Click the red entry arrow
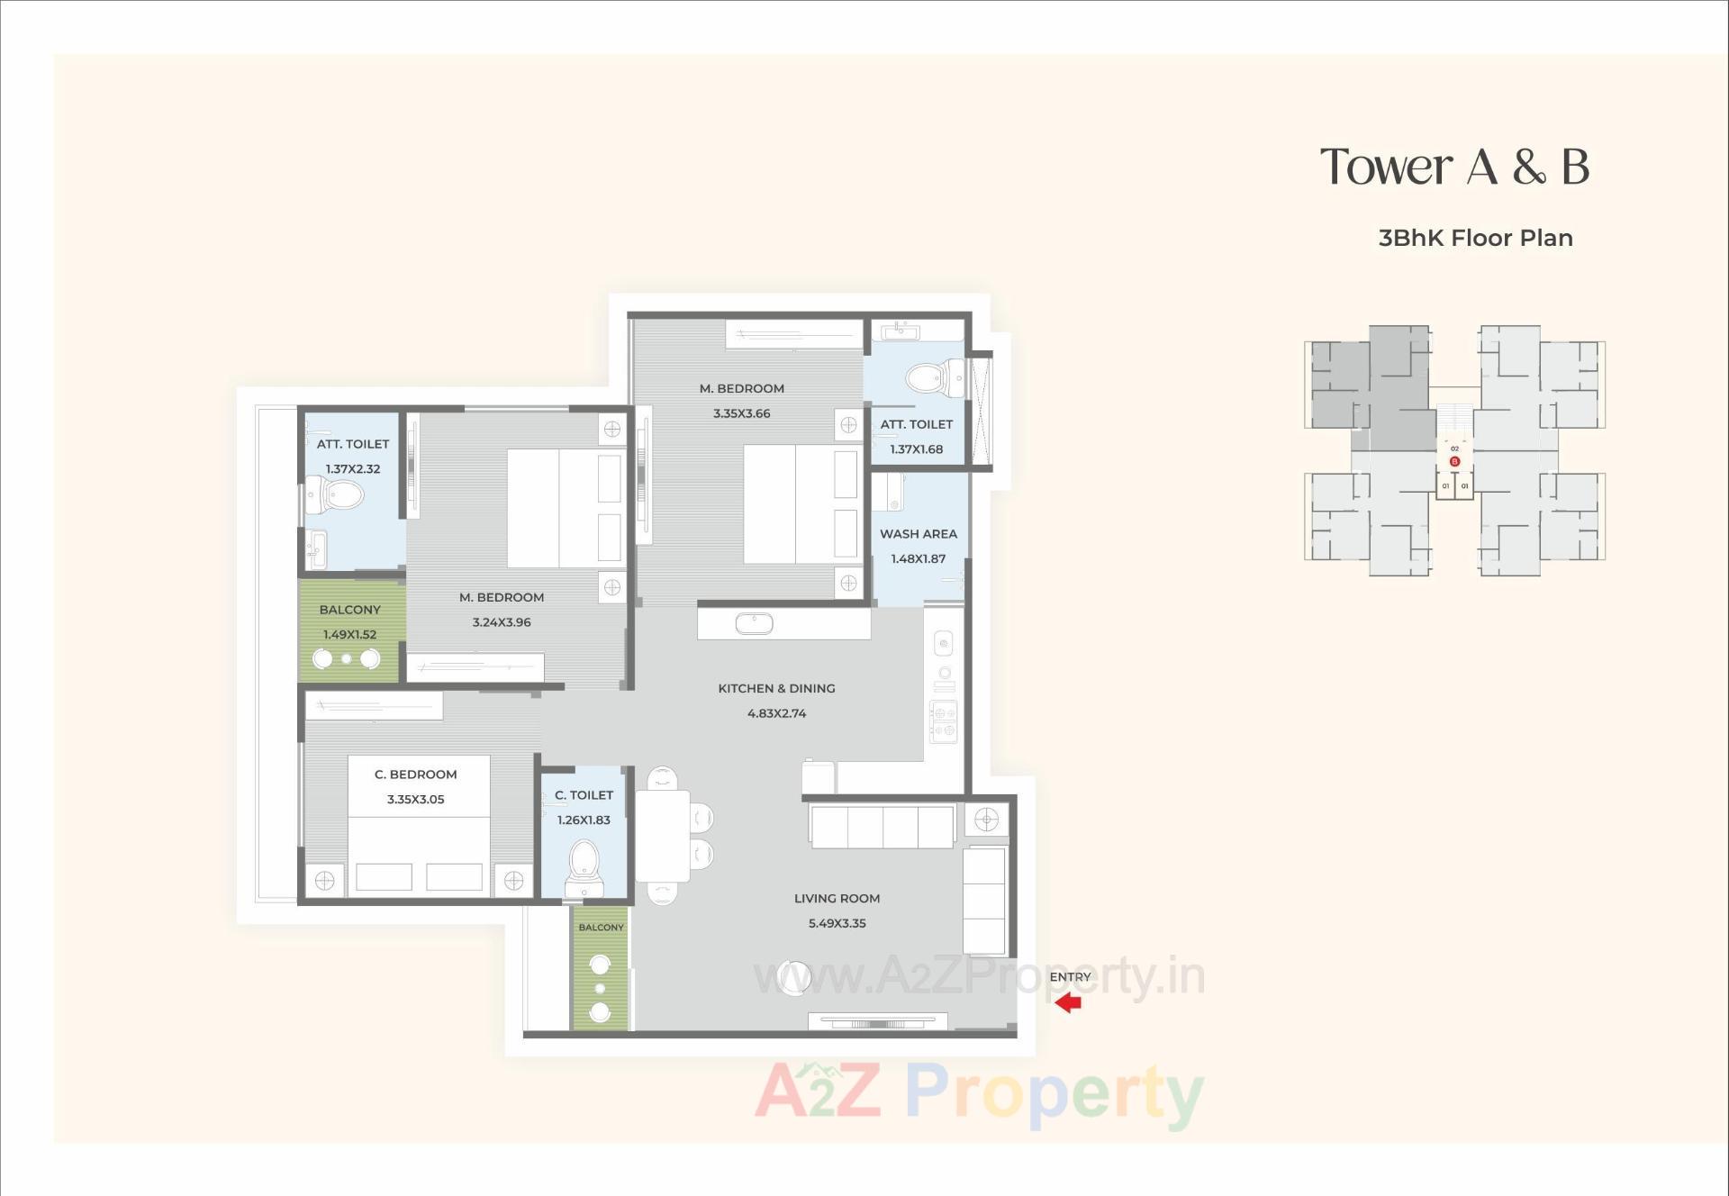[x=1068, y=1002]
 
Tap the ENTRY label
[x=1070, y=976]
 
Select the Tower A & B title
[x=1454, y=167]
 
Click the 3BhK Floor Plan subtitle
[x=1475, y=238]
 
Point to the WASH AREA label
[x=918, y=533]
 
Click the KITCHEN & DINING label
[x=776, y=688]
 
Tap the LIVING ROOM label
[x=837, y=898]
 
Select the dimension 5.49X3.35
[x=837, y=923]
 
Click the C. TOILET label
[x=584, y=795]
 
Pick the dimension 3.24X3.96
[x=502, y=622]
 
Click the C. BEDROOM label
[x=415, y=775]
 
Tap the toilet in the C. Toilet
[x=584, y=864]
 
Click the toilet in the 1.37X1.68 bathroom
[x=927, y=377]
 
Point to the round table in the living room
[x=794, y=977]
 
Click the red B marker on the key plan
[x=1454, y=461]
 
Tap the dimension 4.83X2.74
[x=776, y=713]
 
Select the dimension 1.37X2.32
[x=352, y=469]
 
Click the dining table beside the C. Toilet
[x=662, y=836]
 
